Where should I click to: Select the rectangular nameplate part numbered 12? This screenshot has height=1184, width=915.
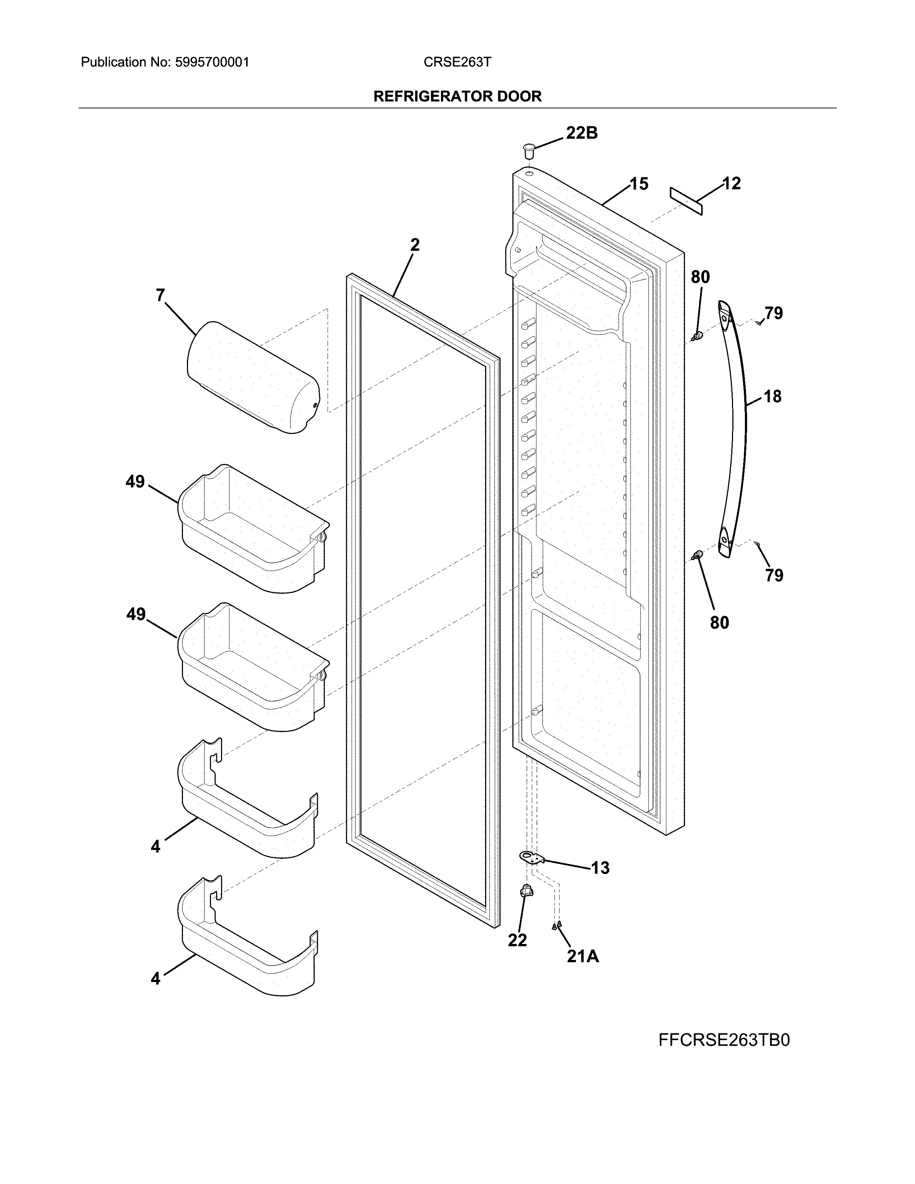coord(686,201)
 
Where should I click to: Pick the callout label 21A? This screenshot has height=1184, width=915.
coord(583,957)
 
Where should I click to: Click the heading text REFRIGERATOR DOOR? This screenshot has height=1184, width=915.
coord(457,97)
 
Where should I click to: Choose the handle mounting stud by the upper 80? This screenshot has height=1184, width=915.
coord(699,337)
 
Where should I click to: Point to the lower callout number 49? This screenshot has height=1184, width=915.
coord(136,614)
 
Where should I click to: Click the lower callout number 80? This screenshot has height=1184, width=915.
coord(719,622)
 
